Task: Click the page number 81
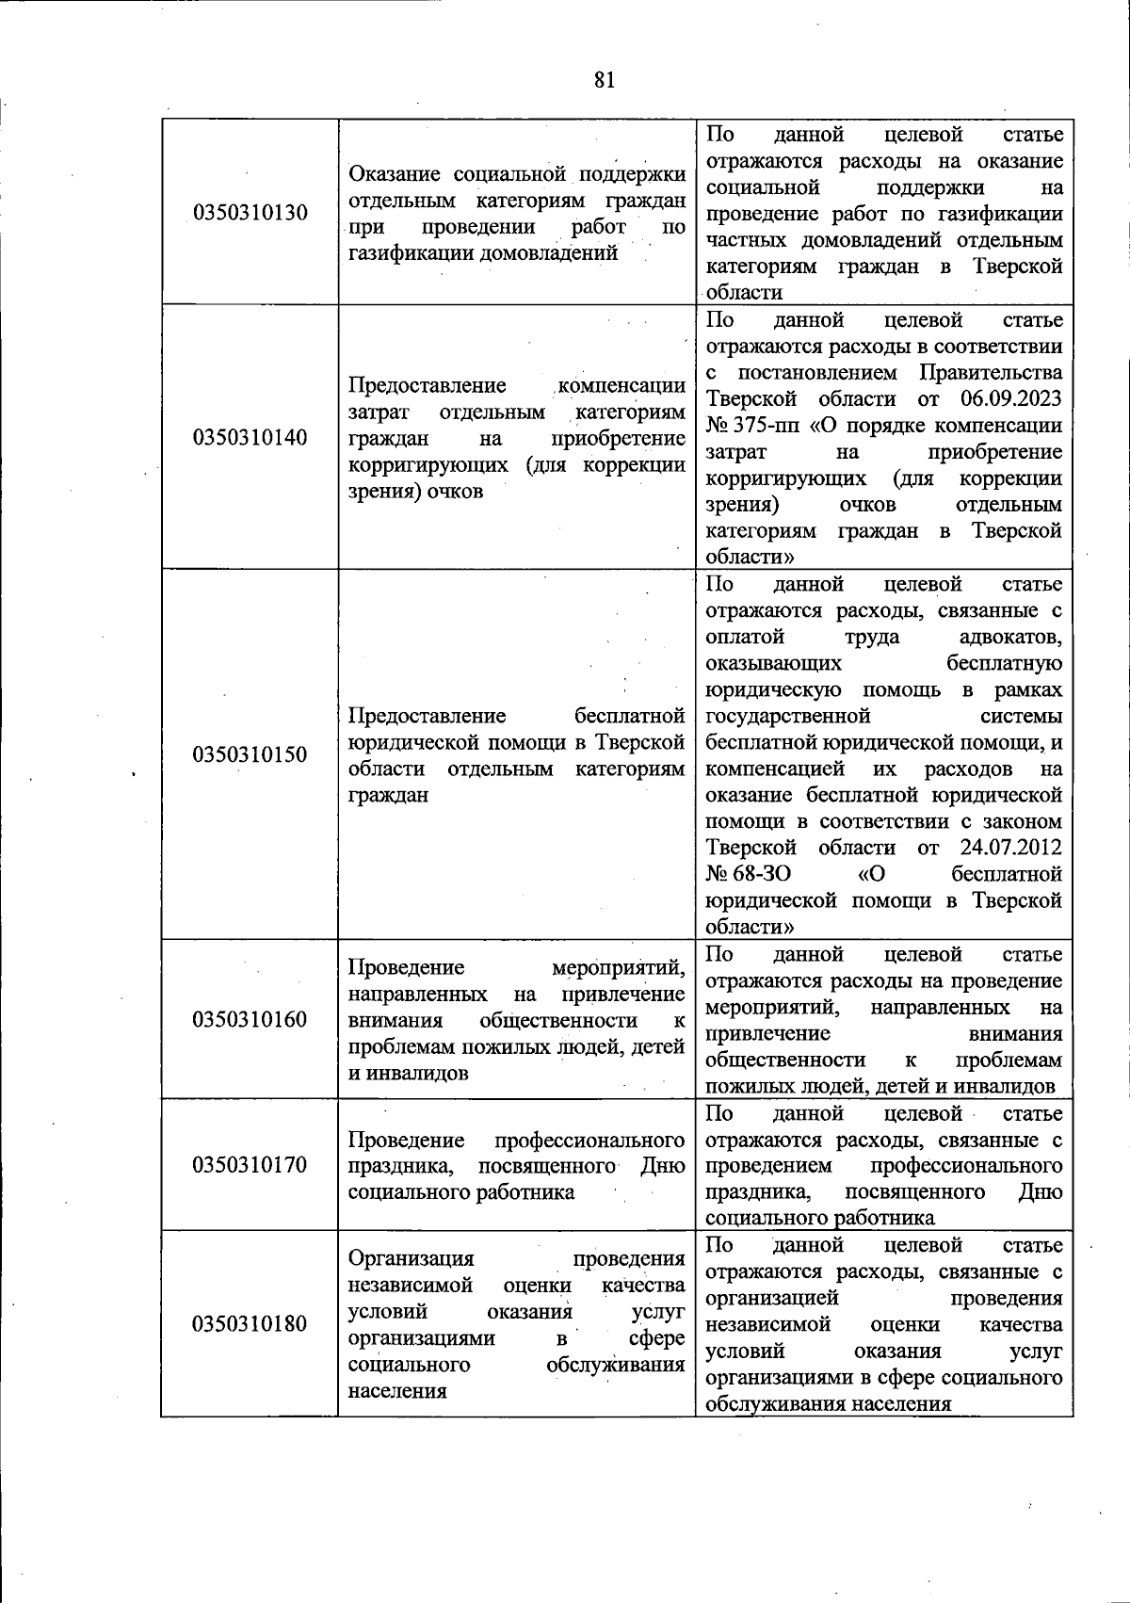coord(605,80)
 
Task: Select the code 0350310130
coord(250,212)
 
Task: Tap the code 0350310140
coord(250,438)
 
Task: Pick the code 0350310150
coord(250,754)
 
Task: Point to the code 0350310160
coord(250,1020)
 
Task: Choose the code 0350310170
coord(250,1165)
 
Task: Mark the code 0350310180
coord(250,1324)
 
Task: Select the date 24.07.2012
coord(1011,847)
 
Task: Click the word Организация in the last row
coord(411,1258)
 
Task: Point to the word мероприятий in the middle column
coord(618,967)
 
